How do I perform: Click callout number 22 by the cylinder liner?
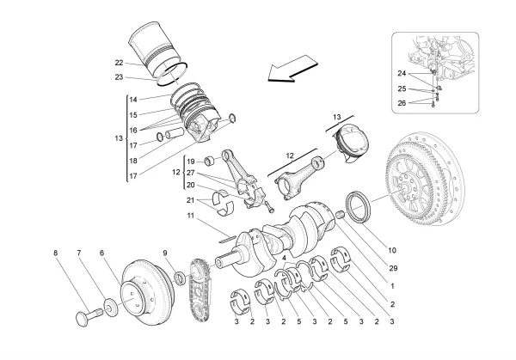118,62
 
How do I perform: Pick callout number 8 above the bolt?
57,253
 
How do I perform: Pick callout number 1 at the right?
393,286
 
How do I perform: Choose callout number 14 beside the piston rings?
133,100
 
